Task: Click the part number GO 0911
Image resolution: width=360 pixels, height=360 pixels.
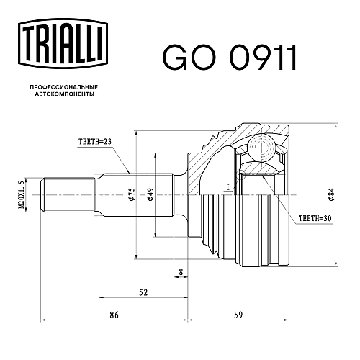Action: pos(229,58)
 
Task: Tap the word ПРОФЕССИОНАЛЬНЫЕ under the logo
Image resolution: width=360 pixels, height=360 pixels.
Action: pos(64,87)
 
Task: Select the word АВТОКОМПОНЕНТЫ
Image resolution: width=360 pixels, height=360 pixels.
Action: pos(65,94)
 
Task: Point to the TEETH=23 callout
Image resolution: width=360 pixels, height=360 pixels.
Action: pos(95,142)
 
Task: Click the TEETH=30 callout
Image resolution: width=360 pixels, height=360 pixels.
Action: pos(315,218)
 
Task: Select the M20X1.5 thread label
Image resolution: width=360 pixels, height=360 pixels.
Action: pos(22,195)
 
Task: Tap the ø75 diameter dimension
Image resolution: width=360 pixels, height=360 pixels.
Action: pos(132,194)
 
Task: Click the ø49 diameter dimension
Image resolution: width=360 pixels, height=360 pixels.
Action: pos(150,194)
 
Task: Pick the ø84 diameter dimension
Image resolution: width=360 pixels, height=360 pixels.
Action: pos(331,194)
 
